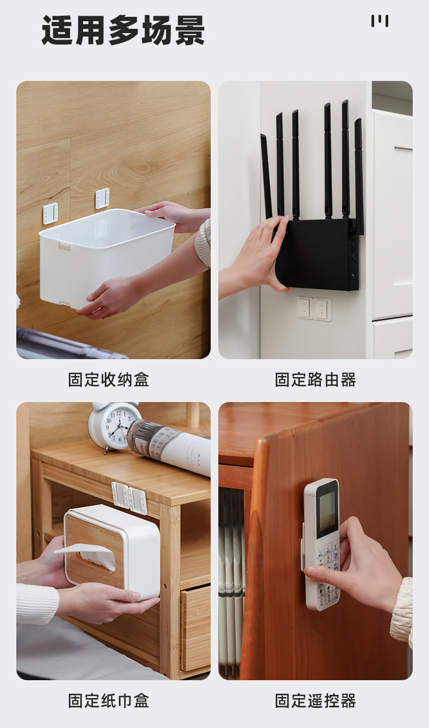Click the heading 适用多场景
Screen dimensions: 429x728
tap(123, 30)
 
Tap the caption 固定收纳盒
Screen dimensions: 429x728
tap(109, 380)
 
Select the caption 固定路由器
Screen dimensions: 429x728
tap(316, 380)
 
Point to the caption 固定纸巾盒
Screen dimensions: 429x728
tap(109, 700)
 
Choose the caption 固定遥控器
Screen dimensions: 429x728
tap(316, 700)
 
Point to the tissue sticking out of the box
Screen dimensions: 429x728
tap(86, 556)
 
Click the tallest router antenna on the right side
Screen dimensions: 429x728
tap(345, 159)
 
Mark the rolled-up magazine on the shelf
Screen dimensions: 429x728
tap(169, 444)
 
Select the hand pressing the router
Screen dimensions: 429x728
tap(256, 257)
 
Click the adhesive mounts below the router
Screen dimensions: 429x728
tap(314, 308)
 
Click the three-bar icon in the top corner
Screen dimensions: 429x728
tap(380, 21)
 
